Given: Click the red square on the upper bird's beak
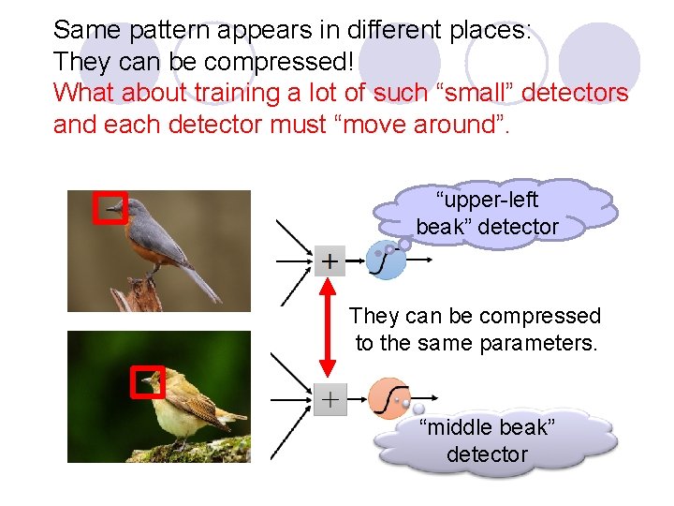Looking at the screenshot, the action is click(x=110, y=207).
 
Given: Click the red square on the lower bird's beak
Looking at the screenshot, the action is click(x=147, y=381).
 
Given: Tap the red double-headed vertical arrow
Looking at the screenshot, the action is click(x=327, y=328).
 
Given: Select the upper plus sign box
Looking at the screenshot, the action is click(x=330, y=260).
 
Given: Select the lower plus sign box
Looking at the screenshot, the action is click(x=330, y=399).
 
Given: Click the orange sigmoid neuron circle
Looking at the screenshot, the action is click(x=388, y=396).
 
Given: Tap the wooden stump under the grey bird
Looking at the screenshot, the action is click(x=136, y=294).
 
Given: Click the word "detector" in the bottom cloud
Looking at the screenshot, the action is click(x=487, y=454).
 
